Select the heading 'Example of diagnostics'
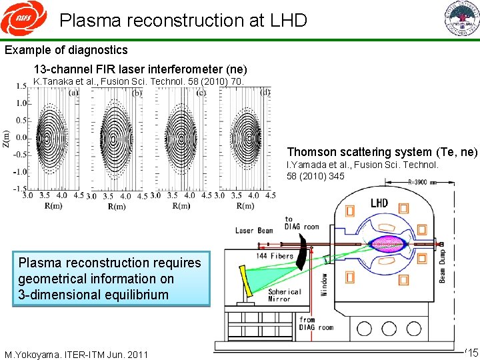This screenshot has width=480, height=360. point(66,50)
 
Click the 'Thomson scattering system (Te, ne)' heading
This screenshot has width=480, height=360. point(382,152)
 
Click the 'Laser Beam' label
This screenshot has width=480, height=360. point(253,231)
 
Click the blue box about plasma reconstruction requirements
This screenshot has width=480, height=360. point(111,279)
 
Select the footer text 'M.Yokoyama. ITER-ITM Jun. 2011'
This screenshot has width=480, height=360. point(75,353)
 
